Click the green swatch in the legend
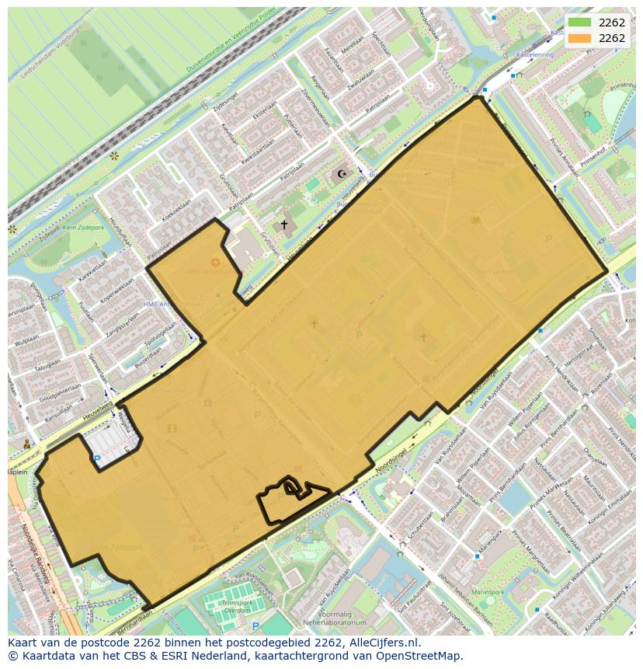click(x=579, y=23)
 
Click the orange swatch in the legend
click(x=579, y=38)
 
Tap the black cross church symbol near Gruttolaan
click(x=284, y=225)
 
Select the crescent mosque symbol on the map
click(x=342, y=174)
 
